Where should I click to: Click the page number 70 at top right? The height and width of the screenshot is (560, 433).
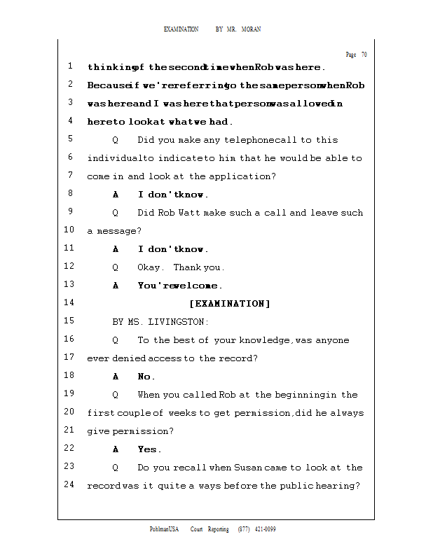[x=364, y=55]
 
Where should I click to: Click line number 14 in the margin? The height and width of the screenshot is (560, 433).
[x=69, y=303]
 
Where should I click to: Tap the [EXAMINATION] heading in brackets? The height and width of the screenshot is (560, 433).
[x=229, y=304]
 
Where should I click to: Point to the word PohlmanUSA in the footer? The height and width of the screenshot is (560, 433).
[x=165, y=529]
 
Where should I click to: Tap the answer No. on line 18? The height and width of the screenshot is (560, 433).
[x=146, y=377]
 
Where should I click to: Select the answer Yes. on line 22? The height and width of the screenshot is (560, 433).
[x=149, y=449]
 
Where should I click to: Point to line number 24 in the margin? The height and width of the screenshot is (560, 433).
[x=69, y=485]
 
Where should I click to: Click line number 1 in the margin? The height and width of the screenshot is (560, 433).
[x=71, y=66]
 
